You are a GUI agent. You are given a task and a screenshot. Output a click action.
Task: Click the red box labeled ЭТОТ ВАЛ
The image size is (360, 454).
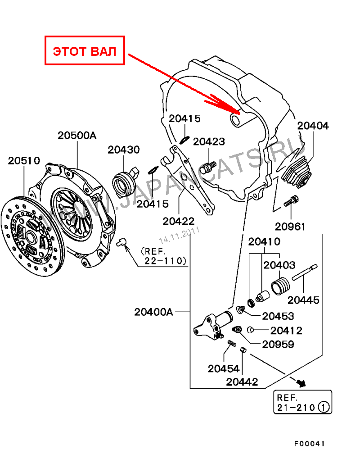point(85,50)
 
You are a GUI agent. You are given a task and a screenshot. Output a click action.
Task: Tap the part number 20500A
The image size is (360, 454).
point(77,136)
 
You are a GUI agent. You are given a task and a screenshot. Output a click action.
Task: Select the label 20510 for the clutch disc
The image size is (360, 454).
point(24,161)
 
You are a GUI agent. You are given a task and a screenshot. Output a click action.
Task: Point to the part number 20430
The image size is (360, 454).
point(124,150)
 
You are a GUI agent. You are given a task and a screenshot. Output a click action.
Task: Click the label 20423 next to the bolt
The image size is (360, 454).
point(209,141)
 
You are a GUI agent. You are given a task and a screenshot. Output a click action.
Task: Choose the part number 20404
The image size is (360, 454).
point(313,126)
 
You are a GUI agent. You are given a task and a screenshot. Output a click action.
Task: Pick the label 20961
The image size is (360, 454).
point(290,227)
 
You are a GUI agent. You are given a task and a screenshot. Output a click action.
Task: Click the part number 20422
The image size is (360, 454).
point(179,221)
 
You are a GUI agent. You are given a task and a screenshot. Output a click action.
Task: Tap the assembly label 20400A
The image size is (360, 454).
point(153,312)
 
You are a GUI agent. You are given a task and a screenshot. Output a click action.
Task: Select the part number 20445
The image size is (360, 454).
point(303,300)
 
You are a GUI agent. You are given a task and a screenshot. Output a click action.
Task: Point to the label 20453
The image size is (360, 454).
point(278,316)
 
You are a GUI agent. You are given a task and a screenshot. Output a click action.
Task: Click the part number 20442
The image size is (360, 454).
point(242,382)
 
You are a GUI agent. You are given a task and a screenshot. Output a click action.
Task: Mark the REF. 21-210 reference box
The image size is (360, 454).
point(303,402)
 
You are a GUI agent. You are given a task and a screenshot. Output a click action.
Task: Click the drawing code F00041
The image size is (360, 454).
point(309,444)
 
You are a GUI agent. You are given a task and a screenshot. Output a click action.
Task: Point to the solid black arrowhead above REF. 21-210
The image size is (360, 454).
point(301,383)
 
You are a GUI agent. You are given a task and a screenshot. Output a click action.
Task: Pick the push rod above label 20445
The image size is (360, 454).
point(305,272)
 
